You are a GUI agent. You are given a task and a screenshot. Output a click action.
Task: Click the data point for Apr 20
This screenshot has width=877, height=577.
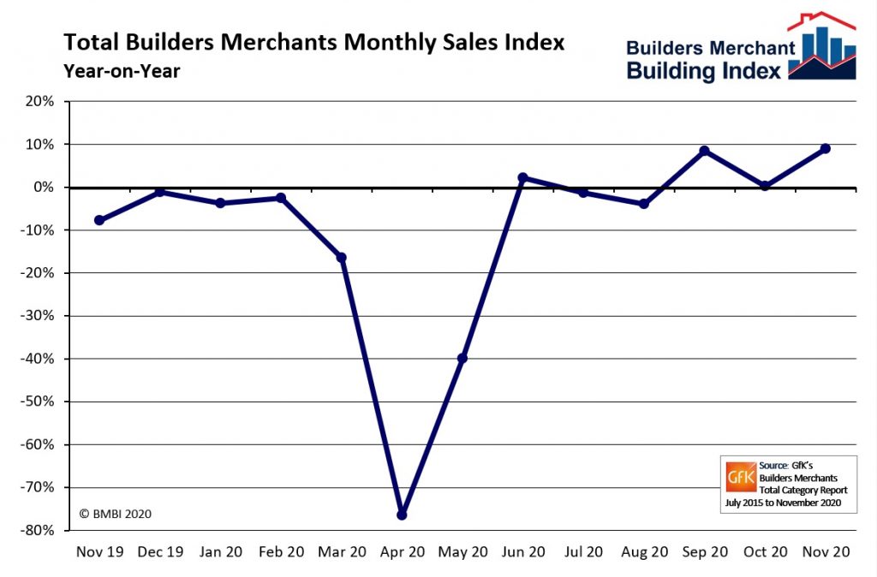(x=402, y=515)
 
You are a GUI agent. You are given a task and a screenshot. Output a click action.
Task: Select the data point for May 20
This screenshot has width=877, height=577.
(x=462, y=358)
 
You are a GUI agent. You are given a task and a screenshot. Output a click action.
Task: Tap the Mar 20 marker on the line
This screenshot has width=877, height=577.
(x=342, y=257)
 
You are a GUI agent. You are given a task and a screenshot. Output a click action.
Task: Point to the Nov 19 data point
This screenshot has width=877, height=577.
(x=99, y=220)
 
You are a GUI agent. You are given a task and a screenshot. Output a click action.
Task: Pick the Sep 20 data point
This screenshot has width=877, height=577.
(x=704, y=151)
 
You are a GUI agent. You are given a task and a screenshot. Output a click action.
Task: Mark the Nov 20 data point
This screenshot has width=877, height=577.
(x=825, y=148)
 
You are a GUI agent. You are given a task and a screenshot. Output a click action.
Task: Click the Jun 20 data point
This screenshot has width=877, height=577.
(x=522, y=178)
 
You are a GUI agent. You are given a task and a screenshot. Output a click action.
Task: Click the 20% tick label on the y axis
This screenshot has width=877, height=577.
(x=39, y=102)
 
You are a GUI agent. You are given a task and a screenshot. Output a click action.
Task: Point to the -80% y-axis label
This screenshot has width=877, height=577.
(x=35, y=531)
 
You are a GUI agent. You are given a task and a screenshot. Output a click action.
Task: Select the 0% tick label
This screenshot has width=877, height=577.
(x=43, y=187)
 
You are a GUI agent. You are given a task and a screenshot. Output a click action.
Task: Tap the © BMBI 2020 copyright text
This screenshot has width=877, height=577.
(x=116, y=514)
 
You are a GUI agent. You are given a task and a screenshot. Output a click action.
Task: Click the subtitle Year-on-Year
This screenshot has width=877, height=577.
(x=121, y=71)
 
